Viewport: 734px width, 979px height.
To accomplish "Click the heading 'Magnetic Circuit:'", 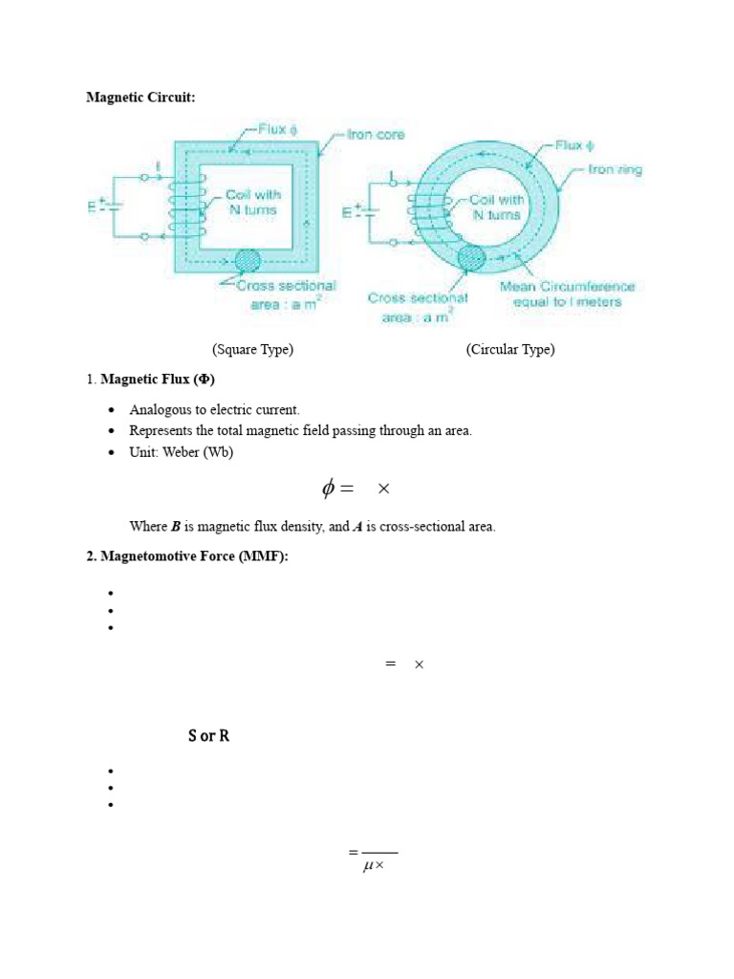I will [x=140, y=97].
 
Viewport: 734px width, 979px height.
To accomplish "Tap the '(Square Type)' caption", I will [x=252, y=349].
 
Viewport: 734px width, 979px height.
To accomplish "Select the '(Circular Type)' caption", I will [x=510, y=349].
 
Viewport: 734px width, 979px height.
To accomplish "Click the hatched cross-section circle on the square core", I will [x=248, y=261].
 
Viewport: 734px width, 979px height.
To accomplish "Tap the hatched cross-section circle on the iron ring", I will [x=472, y=258].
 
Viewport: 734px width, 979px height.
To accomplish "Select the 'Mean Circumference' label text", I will [x=567, y=286].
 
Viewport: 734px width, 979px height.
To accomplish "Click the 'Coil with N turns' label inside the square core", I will [x=252, y=202].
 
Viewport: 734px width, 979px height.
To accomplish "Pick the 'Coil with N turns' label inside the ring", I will [x=496, y=207].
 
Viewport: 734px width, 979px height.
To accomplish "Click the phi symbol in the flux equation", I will [x=329, y=489].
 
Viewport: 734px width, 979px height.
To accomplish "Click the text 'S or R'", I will [x=208, y=736].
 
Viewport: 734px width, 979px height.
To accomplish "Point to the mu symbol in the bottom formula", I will [x=368, y=867].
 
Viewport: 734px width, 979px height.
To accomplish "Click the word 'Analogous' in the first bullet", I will [x=159, y=410].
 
